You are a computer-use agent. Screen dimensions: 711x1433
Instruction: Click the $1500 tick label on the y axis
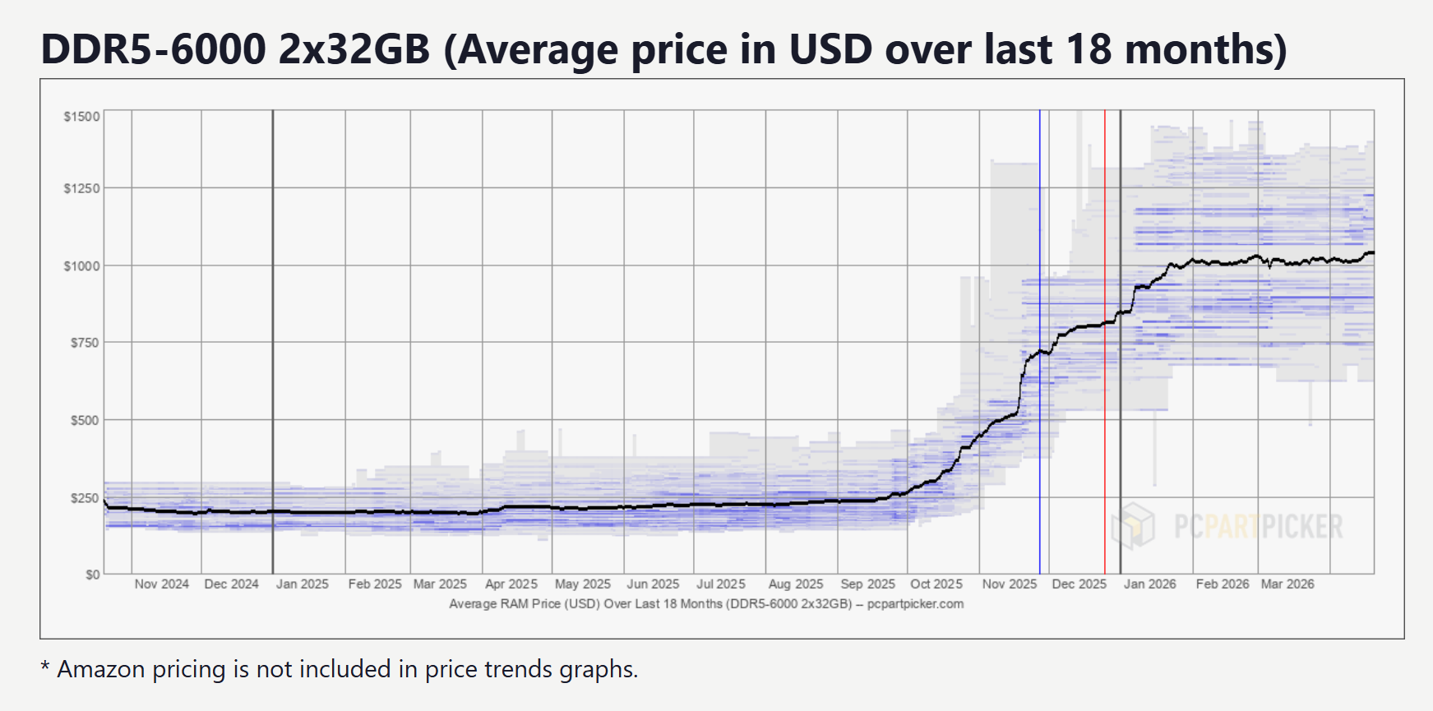click(82, 117)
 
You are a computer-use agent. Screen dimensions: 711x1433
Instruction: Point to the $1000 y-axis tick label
click(82, 266)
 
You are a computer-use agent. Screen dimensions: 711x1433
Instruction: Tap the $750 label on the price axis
click(85, 343)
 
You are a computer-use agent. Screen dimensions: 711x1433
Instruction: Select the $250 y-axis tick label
click(85, 498)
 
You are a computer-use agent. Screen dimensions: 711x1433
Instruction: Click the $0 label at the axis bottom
click(93, 575)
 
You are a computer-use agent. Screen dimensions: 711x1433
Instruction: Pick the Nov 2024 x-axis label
click(162, 584)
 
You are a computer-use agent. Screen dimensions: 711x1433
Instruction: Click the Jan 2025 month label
click(303, 584)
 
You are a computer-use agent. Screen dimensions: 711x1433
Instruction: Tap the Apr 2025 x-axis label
click(511, 584)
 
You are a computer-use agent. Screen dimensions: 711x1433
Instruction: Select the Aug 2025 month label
click(796, 584)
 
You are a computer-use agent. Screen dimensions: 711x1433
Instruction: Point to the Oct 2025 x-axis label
click(936, 584)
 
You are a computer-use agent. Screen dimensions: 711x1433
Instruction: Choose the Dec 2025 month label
click(1079, 584)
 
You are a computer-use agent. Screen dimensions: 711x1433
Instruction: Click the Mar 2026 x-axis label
click(1287, 584)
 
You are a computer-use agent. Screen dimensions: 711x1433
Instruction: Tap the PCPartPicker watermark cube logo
click(1133, 526)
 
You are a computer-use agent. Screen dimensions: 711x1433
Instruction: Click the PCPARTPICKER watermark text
click(1258, 527)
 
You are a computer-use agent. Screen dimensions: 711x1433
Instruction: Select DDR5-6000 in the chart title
click(154, 49)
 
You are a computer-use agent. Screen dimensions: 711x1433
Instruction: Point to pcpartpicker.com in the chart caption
click(915, 604)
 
